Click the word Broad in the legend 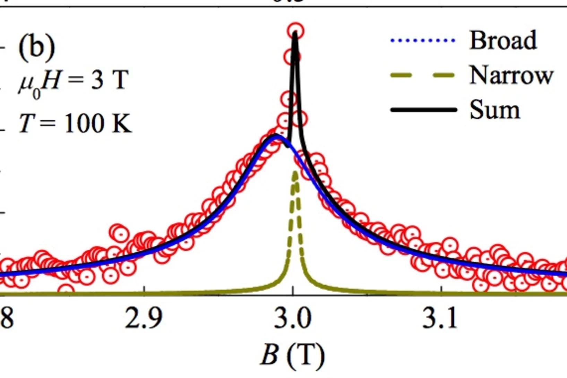click(x=503, y=41)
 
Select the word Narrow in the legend click(x=511, y=75)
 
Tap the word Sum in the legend click(x=495, y=110)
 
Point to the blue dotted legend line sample click(x=422, y=41)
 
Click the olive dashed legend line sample click(x=422, y=75)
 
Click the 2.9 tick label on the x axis click(x=144, y=318)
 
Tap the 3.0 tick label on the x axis click(x=293, y=318)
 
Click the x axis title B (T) click(x=292, y=355)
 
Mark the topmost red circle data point click(x=295, y=31)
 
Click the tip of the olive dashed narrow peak click(x=295, y=172)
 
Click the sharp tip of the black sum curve click(x=295, y=33)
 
